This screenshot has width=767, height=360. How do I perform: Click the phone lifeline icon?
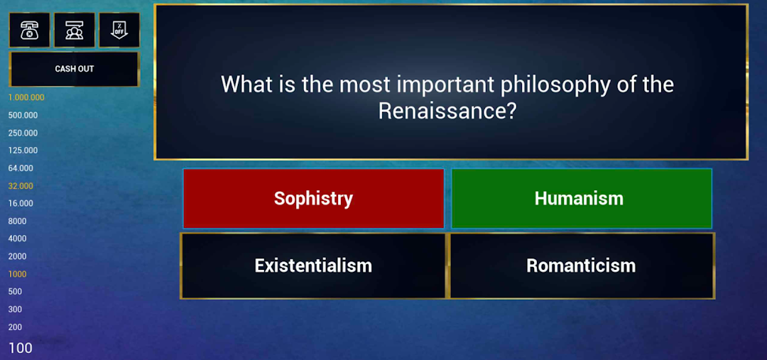(29, 31)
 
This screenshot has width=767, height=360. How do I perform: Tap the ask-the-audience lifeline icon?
(75, 31)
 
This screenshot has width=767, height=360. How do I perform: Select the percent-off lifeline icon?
(119, 31)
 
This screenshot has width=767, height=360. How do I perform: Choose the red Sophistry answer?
(314, 199)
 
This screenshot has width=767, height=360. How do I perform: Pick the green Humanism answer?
(582, 199)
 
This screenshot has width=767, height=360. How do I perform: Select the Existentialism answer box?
(314, 266)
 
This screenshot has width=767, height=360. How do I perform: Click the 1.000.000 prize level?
(26, 98)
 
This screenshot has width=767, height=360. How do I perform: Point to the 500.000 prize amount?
(23, 116)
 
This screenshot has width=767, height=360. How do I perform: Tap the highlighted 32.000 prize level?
(21, 186)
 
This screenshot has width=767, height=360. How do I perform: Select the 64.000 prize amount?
(21, 168)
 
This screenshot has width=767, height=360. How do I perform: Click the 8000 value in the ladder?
(17, 221)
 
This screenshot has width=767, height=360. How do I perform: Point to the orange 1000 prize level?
(17, 274)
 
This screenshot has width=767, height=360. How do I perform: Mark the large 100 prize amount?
(21, 348)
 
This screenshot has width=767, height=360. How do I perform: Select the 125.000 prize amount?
(23, 151)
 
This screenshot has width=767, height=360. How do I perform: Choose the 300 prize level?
(15, 309)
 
